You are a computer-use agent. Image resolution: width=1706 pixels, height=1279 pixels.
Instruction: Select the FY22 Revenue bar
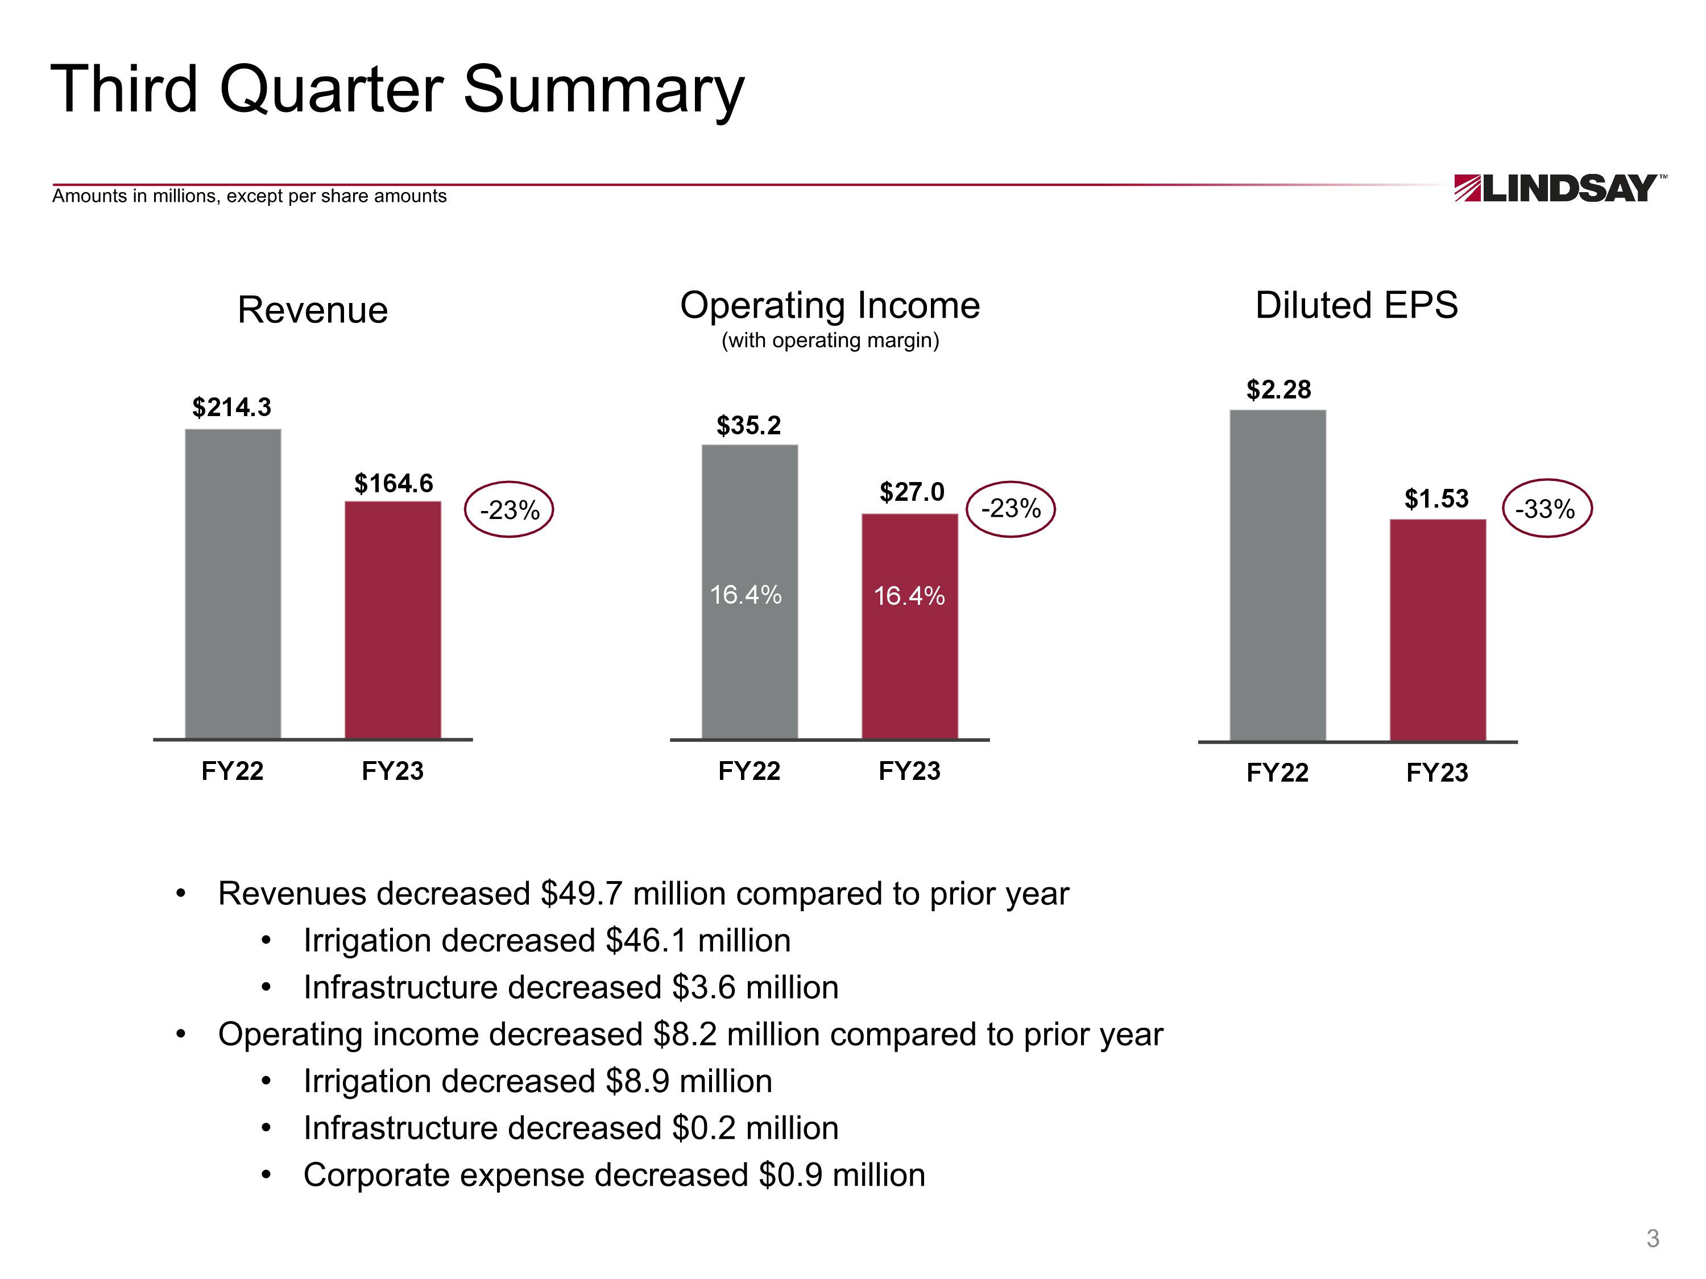point(233,584)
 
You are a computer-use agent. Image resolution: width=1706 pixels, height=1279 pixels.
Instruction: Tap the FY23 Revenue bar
point(392,620)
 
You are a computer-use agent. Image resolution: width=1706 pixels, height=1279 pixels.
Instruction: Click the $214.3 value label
point(231,407)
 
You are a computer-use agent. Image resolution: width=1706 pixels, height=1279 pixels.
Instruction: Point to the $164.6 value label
point(394,483)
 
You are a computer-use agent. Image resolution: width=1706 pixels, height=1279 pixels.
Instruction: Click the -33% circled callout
point(1546,509)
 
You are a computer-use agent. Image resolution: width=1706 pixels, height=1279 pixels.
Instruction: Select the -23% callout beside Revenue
point(509,509)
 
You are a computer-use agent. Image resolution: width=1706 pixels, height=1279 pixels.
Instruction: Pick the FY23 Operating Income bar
point(909,626)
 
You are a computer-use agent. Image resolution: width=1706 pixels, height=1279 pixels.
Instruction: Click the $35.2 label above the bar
point(748,425)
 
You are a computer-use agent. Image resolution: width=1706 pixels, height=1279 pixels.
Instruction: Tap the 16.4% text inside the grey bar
point(746,595)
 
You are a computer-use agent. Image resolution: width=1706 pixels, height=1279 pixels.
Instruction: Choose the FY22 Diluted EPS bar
point(1277,575)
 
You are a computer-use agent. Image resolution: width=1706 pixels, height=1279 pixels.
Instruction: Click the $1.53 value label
point(1436,499)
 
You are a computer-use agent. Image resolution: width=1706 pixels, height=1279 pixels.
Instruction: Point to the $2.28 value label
point(1278,389)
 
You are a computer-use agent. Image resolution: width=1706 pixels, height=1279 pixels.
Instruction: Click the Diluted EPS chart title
point(1356,305)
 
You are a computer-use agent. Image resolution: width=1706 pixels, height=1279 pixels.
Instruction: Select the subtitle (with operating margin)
point(830,340)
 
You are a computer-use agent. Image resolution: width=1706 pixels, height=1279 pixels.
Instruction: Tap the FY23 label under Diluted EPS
point(1437,773)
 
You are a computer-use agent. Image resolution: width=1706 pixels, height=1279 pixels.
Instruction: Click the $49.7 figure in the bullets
point(581,894)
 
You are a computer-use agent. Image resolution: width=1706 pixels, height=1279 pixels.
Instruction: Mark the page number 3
point(1653,1238)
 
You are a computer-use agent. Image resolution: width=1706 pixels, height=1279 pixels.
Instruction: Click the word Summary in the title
point(603,90)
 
